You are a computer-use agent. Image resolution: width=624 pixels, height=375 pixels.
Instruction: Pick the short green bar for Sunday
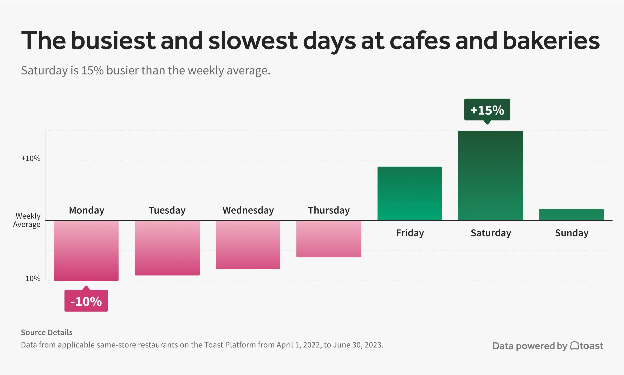click(571, 214)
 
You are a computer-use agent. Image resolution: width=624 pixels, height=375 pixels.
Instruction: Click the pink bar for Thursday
click(329, 239)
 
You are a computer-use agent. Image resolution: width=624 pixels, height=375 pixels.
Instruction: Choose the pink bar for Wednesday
click(248, 245)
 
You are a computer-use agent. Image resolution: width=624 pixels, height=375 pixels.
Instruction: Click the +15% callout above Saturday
click(487, 110)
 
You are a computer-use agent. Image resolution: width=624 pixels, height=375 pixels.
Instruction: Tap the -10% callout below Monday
click(86, 301)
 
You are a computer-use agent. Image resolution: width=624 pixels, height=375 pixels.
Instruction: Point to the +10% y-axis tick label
click(31, 158)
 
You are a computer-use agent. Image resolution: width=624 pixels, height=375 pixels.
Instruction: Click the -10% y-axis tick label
click(31, 278)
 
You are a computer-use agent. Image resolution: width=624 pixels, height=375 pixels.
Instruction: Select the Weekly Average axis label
click(27, 220)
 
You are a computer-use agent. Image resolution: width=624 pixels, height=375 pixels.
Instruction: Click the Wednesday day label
click(248, 210)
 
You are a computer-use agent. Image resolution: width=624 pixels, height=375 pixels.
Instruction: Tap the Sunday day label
click(571, 233)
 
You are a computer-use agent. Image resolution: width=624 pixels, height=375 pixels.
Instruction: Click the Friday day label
click(410, 233)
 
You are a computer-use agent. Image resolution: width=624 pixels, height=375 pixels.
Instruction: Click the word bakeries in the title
click(551, 41)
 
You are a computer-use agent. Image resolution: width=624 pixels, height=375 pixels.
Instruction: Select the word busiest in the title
click(113, 41)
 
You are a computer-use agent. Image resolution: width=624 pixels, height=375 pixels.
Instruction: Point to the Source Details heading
click(47, 332)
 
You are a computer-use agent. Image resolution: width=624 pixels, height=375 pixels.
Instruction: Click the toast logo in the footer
click(587, 346)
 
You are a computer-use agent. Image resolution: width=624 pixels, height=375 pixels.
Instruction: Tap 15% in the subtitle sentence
click(92, 71)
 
